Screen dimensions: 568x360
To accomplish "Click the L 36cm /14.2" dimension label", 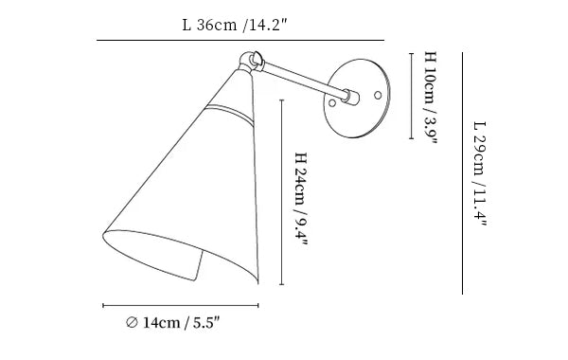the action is coord(235,25).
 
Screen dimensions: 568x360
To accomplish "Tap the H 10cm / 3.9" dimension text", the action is coord(431,98).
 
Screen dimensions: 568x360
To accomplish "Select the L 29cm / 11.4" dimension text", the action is coord(480,173).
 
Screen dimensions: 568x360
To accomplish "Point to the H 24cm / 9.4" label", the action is coord(301,199).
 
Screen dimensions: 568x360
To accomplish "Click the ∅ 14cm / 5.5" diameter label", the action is coord(173,322).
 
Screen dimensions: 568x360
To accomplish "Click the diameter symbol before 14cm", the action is coord(132,322).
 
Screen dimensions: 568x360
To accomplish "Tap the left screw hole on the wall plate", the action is coord(332,103).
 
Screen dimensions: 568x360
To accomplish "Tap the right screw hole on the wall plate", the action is coord(378,96).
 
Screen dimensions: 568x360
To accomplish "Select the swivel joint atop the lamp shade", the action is coord(251,62).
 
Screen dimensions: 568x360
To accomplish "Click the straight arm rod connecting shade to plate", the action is coord(304,80).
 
